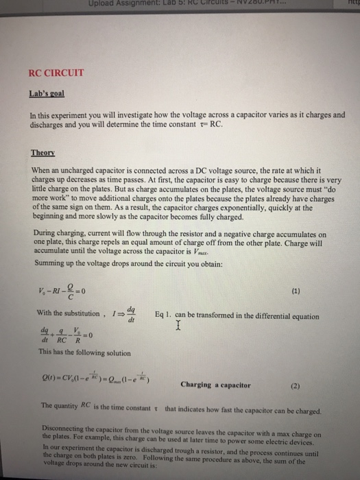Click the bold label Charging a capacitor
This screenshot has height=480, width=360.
[215, 385]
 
